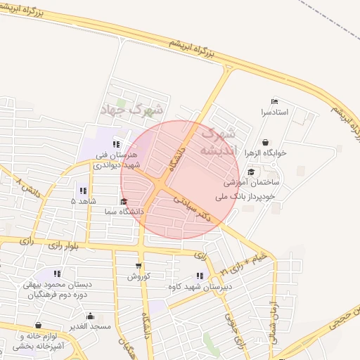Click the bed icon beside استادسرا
pyautogui.click(x=274, y=101)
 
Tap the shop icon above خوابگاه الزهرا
pyautogui.click(x=265, y=141)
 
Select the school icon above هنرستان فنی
pyautogui.click(x=115, y=144)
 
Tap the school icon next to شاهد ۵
pyautogui.click(x=83, y=190)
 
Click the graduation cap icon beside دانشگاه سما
pyautogui.click(x=124, y=202)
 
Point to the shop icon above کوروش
pyautogui.click(x=138, y=265)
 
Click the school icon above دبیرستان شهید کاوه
pyautogui.click(x=200, y=276)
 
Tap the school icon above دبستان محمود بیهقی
pyautogui.click(x=56, y=274)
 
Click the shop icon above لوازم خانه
pyautogui.click(x=38, y=326)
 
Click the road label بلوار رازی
pyautogui.click(x=64, y=245)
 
